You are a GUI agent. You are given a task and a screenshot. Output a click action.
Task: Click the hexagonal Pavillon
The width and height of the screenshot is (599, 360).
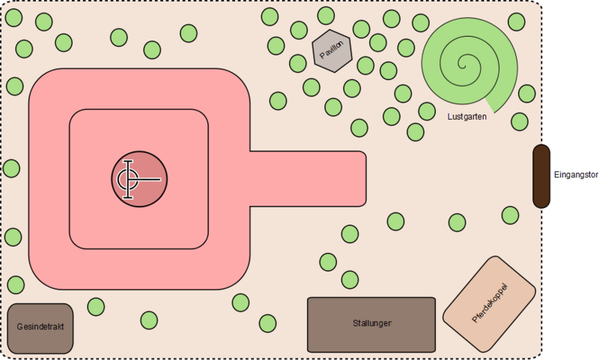[332, 50]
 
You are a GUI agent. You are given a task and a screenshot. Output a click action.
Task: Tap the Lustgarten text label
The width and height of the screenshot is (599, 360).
[466, 116]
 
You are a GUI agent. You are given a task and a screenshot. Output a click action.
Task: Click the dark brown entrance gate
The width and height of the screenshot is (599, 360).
[541, 176]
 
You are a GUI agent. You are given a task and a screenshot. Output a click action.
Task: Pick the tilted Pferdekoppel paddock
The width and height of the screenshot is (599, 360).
[490, 302]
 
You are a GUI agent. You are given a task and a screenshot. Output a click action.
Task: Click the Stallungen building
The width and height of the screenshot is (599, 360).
[371, 324]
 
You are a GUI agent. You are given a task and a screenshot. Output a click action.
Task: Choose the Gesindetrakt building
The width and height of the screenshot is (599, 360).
[40, 328]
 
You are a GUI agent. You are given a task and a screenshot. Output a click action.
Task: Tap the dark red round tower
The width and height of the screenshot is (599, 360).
[139, 180]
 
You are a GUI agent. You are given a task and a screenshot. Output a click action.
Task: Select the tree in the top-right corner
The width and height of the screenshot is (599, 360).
[517, 22]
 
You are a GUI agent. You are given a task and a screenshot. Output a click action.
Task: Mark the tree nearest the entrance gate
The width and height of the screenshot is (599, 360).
[510, 216]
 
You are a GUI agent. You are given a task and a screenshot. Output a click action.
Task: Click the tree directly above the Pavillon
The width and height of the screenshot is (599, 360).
[326, 16]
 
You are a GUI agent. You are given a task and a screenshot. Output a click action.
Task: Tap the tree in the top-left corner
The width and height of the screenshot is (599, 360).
[14, 17]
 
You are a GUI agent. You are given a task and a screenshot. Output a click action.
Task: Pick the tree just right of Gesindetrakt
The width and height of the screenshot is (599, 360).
[96, 307]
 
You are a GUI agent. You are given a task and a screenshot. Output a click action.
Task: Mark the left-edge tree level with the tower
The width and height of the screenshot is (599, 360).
[12, 168]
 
